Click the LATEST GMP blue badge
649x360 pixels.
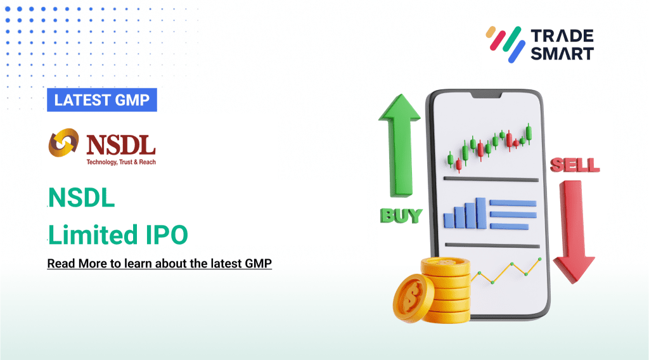101,100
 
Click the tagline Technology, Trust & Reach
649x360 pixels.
121,162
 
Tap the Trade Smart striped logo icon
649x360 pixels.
504,43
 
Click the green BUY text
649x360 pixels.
401,215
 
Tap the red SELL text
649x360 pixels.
574,166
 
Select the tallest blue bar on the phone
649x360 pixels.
480,212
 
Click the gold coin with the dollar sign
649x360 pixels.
413,298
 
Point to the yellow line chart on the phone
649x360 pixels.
506,271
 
